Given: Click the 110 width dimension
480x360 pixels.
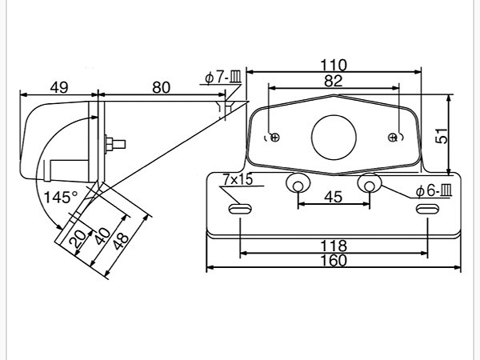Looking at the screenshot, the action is tap(334, 66).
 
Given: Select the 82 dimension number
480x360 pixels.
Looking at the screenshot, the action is tap(333, 81).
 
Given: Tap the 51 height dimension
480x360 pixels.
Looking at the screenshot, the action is tap(441, 136).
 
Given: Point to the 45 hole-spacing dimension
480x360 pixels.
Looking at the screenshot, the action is tap(333, 197).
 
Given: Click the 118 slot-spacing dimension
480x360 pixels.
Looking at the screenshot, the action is tap(334, 246).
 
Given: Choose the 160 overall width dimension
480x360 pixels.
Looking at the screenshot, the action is tap(334, 261).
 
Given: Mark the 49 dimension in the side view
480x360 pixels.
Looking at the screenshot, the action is tap(59, 87).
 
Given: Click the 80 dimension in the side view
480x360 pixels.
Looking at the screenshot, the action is tap(161, 87).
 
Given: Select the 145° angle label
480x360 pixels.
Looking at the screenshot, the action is tap(61, 198).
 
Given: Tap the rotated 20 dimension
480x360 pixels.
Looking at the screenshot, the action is tap(78, 239).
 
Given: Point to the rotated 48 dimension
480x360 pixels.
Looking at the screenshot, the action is tap(121, 242).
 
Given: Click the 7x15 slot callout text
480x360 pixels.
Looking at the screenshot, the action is tap(238, 179).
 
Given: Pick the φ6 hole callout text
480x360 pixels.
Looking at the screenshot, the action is tap(434, 191).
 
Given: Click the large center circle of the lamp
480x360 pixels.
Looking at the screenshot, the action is tap(334, 137).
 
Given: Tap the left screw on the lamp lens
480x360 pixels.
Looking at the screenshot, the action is tap(275, 137).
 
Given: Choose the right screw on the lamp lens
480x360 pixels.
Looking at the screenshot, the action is tap(392, 137).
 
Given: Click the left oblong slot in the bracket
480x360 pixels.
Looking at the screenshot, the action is tap(240, 210).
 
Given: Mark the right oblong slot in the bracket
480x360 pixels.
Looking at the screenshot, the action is tap(427, 210).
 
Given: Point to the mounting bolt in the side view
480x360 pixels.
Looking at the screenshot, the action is tap(115, 144).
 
